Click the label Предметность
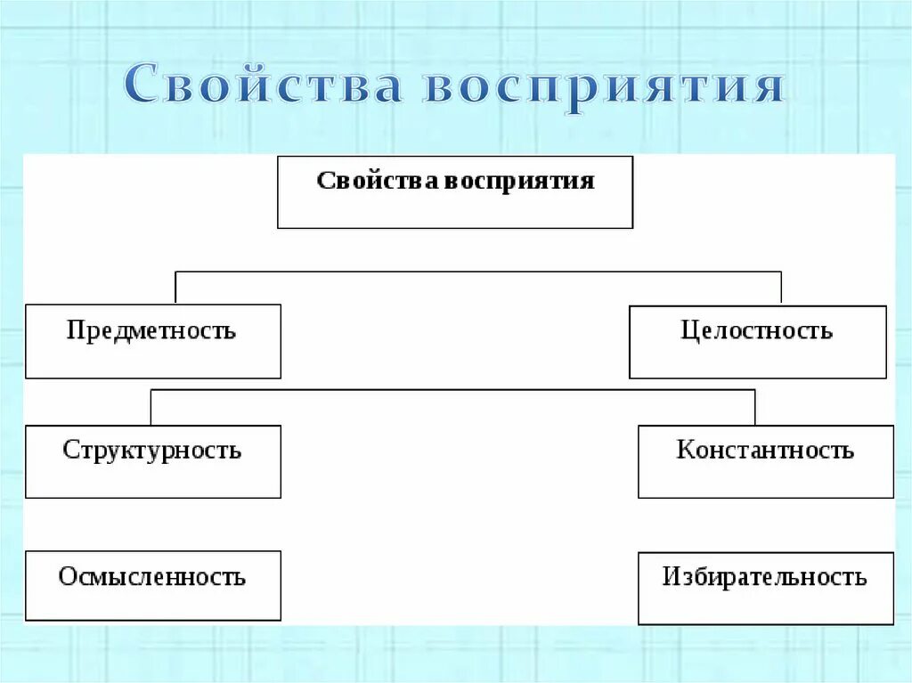[x=151, y=331]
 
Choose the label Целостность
[x=757, y=331]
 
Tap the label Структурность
[x=151, y=450]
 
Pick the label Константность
[x=765, y=450]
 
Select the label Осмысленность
[x=151, y=577]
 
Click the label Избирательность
[x=764, y=577]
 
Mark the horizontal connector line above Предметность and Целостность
[x=478, y=272]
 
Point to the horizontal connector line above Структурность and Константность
[x=452, y=390]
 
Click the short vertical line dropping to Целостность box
[x=781, y=288]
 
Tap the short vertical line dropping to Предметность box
[x=175, y=288]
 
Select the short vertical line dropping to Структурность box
[x=151, y=407]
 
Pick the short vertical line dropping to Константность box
[x=755, y=407]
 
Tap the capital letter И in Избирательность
[x=671, y=577]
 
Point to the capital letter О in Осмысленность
[x=67, y=577]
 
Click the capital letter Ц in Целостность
[x=689, y=331]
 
